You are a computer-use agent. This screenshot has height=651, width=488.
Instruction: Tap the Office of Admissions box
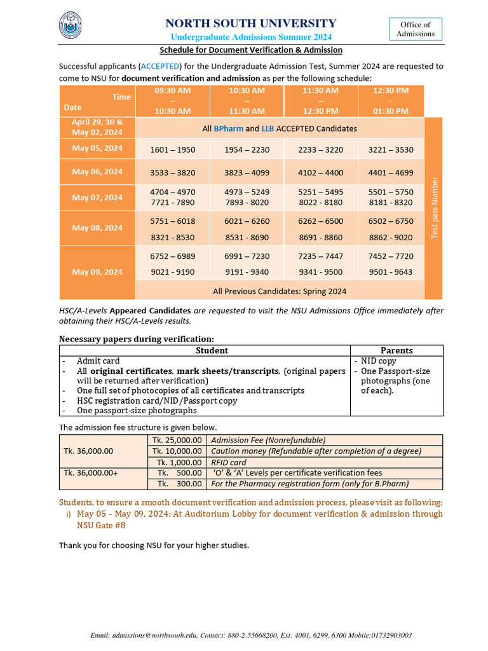[415, 29]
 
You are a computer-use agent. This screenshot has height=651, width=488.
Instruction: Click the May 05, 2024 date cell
[97, 148]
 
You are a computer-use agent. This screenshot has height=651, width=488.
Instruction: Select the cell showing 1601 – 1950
[173, 150]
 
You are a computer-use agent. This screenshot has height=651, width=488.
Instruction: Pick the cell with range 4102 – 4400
[320, 172]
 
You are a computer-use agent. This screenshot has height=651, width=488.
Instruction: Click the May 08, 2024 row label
[97, 228]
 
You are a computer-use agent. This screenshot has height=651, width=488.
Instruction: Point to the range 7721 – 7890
[173, 202]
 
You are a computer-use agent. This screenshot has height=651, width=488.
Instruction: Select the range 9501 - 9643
[390, 272]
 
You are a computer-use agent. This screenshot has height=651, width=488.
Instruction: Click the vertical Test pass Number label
[435, 208]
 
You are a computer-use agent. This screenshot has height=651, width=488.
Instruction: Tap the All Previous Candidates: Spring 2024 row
[280, 291]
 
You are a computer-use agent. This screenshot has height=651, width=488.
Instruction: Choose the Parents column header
[396, 350]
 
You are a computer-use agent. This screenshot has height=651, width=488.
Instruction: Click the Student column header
[212, 350]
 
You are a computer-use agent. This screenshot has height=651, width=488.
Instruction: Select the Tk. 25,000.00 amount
[179, 440]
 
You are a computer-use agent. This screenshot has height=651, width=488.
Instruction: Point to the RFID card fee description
[229, 462]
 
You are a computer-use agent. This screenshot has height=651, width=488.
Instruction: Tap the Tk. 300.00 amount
[179, 484]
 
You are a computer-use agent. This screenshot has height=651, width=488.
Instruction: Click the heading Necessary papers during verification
[137, 338]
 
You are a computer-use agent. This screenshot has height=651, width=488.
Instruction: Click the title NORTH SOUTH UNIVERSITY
[251, 24]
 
